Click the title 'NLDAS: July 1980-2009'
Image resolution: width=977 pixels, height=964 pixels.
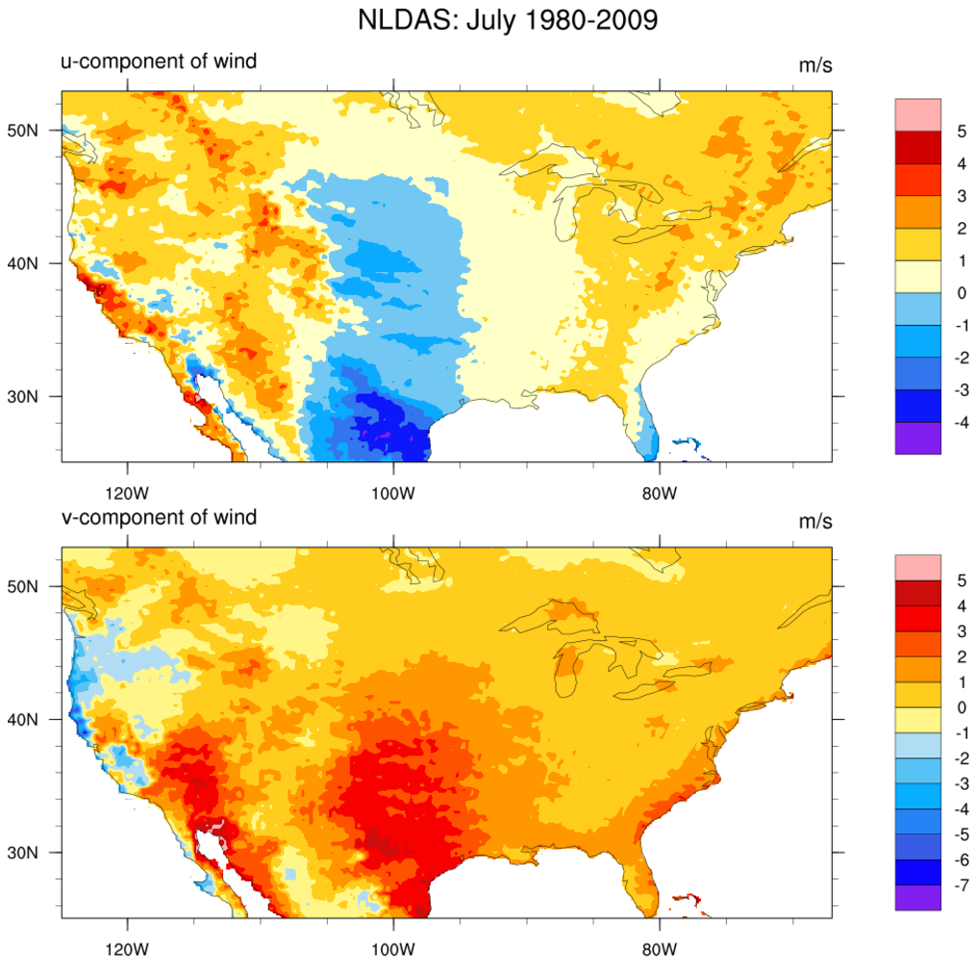point(507,20)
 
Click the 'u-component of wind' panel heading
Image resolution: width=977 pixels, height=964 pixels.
point(153,62)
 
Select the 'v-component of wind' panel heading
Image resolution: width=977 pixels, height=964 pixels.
point(153,518)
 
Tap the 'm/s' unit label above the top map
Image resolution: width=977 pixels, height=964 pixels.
point(814,65)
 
